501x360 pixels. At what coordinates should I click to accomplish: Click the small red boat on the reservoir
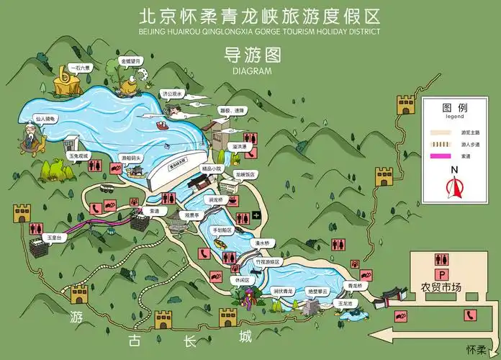click(164, 126)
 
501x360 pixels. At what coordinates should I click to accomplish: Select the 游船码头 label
click(132, 156)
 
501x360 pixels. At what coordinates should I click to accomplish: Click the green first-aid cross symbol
click(256, 214)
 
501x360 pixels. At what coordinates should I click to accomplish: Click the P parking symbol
click(438, 274)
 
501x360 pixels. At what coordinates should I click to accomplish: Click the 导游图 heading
click(251, 55)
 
